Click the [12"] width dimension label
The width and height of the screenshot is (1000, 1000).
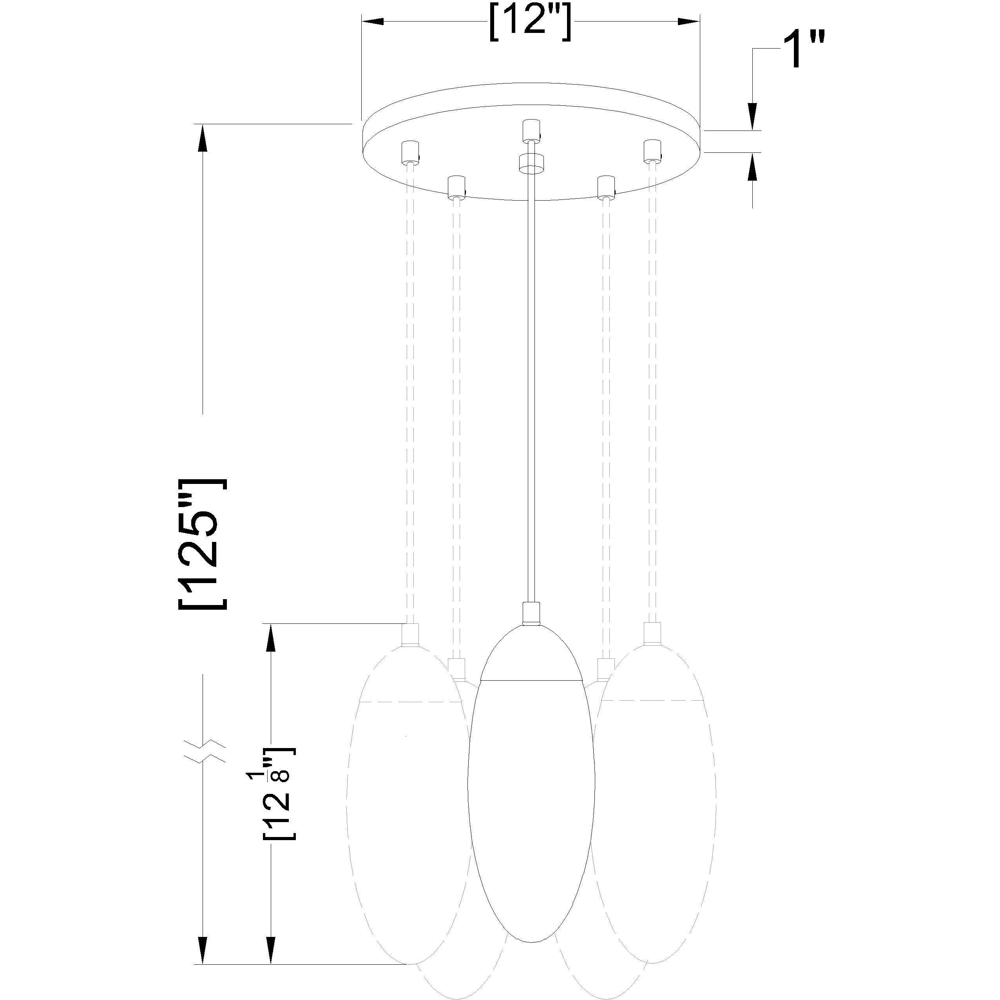click(x=531, y=22)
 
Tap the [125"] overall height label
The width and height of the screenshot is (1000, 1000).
click(x=203, y=545)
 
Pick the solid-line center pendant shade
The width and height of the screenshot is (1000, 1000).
click(x=531, y=797)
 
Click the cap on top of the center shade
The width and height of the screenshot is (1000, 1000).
click(x=531, y=613)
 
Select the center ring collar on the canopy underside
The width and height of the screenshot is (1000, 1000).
click(x=531, y=163)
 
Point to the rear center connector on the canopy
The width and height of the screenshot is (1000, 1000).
click(x=531, y=130)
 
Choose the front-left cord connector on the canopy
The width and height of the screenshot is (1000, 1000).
click(x=455, y=187)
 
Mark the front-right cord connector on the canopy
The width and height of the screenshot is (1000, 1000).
click(x=606, y=187)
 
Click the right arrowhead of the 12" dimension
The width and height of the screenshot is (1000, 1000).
click(x=688, y=22)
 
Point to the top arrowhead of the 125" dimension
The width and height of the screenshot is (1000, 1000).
click(x=202, y=137)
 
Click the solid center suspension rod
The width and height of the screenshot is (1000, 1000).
click(x=531, y=388)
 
